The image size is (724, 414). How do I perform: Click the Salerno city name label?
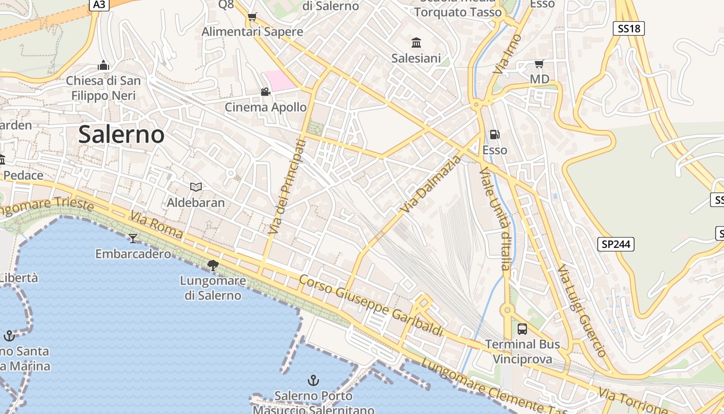tap(122, 135)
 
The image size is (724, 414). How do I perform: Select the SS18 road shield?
tap(629, 28)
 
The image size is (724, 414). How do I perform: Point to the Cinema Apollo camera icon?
tap(265, 92)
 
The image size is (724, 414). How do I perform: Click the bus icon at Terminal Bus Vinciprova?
tap(522, 329)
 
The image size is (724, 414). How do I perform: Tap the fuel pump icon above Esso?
tap(495, 135)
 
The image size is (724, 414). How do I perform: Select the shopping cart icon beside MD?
tap(539, 64)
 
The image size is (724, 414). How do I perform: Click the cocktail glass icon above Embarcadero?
tap(133, 238)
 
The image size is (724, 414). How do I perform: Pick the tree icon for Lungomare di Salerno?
tap(213, 265)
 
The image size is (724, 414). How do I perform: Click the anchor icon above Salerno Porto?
tap(313, 381)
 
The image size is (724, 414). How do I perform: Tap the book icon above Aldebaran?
tap(195, 187)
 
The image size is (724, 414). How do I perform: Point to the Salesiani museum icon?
tap(416, 42)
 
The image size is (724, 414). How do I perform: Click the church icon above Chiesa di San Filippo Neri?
tap(103, 65)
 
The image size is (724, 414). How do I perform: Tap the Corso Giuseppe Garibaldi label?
tap(371, 305)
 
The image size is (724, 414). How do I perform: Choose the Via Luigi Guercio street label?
tap(581, 311)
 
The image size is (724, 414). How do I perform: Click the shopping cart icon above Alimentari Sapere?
tap(252, 17)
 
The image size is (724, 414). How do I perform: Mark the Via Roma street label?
tap(156, 225)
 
